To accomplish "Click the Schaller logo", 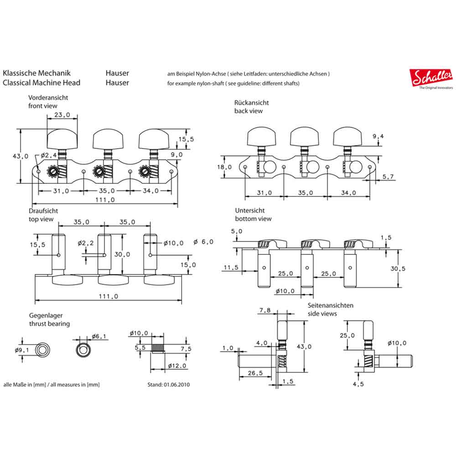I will pyautogui.click(x=431, y=78).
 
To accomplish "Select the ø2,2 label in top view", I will pyautogui.click(x=85, y=243).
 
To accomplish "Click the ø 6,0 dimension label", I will pyautogui.click(x=203, y=242).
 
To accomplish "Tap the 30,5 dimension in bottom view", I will pyautogui.click(x=398, y=269).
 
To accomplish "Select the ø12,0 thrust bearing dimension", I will pyautogui.click(x=176, y=366).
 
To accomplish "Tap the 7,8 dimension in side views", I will pyautogui.click(x=265, y=311).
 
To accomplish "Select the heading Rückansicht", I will pyautogui.click(x=252, y=103).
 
